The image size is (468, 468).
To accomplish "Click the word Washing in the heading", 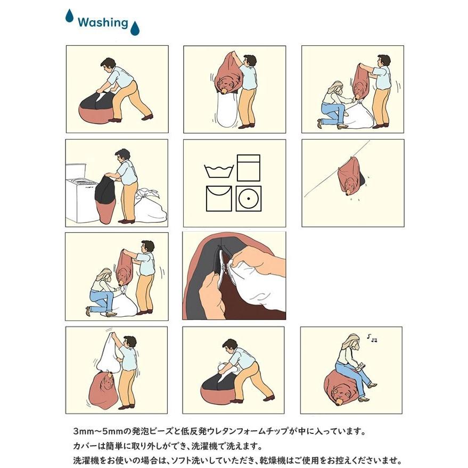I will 103,22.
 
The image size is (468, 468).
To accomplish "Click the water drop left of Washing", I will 69,16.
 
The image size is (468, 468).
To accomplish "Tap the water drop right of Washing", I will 135,28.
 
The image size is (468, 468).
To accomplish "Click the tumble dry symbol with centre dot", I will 248,199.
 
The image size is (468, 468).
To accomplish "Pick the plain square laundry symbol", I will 248,168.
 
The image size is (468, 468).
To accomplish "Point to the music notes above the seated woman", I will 373,338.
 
